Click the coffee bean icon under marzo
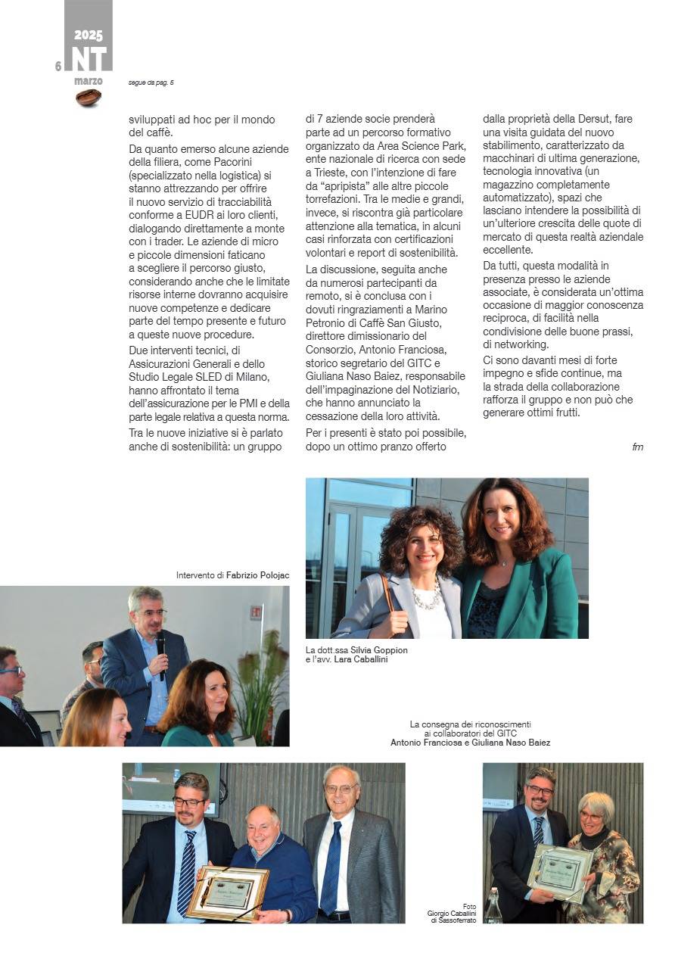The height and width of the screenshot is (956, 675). [x=89, y=98]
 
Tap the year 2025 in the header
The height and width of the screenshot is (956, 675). [x=89, y=36]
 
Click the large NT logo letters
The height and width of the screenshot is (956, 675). [x=89, y=59]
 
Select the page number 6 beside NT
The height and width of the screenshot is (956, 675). [x=58, y=67]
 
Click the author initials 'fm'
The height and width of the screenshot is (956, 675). [x=637, y=447]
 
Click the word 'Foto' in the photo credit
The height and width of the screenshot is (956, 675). [x=469, y=906]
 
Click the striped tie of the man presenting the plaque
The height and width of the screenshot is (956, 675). [x=186, y=870]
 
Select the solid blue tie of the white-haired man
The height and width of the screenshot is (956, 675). [x=331, y=867]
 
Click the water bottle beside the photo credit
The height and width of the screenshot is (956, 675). [x=493, y=907]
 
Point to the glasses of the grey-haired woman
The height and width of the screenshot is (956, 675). [x=592, y=816]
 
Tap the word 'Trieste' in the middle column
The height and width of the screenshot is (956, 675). [x=324, y=171]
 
